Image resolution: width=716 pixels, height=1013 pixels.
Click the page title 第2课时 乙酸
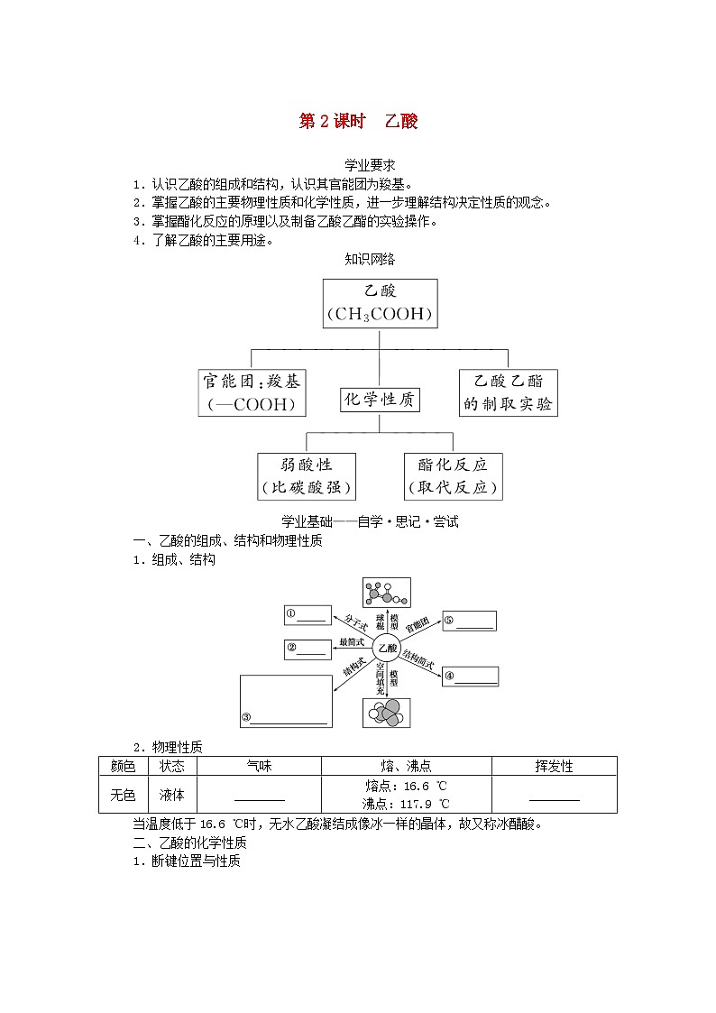(358, 122)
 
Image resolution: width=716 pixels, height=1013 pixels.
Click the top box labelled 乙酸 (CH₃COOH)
(380, 303)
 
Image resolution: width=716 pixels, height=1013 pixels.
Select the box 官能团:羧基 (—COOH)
(252, 392)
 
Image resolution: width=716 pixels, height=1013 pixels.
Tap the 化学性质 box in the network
(381, 400)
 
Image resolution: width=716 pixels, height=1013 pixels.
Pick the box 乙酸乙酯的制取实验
(508, 392)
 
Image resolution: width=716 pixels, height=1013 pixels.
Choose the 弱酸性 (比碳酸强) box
(307, 476)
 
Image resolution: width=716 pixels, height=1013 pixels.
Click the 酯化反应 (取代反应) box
(453, 476)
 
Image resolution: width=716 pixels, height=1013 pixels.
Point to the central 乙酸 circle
(387, 648)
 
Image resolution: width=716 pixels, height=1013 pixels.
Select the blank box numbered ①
(307, 615)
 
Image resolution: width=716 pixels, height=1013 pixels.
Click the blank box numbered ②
(308, 648)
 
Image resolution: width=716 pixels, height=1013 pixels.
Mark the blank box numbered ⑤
(469, 621)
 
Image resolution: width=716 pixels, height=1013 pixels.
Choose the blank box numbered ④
(471, 677)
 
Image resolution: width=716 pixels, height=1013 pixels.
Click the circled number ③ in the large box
(245, 718)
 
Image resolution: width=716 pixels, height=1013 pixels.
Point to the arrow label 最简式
(351, 642)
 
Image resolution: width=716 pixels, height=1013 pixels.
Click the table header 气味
(259, 766)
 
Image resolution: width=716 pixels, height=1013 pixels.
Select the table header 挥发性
(554, 766)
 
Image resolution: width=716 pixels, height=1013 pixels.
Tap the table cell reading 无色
(123, 795)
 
